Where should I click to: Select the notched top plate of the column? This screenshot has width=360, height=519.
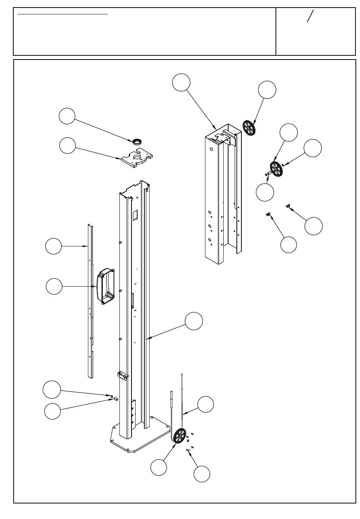[x=138, y=158]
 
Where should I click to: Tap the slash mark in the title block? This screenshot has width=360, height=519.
[x=310, y=16]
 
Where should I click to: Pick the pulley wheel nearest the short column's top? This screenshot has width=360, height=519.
[x=249, y=128]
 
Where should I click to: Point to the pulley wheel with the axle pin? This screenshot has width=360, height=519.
[x=276, y=169]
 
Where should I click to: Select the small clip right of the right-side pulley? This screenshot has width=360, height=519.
[x=285, y=164]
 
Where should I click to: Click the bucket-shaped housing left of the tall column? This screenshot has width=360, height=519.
[x=106, y=287]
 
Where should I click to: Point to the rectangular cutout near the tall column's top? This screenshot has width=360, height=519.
[x=134, y=215]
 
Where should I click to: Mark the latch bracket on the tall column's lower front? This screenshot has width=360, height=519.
[x=123, y=375]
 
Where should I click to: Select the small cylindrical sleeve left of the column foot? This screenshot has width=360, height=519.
[x=116, y=399]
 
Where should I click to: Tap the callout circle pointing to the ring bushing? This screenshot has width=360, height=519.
[x=67, y=116]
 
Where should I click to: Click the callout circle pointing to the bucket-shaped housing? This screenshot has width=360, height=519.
[x=54, y=286]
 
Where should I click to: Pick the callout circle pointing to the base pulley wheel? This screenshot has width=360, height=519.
[x=158, y=467]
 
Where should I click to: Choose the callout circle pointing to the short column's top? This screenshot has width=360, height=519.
[x=181, y=83]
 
